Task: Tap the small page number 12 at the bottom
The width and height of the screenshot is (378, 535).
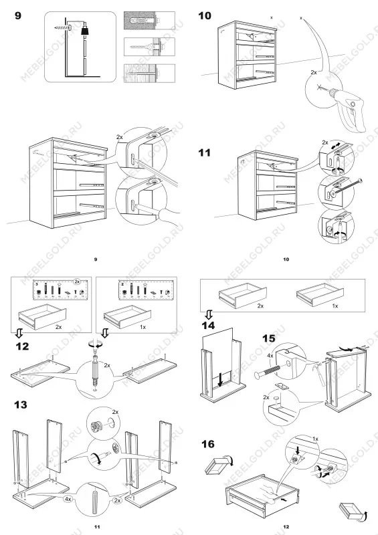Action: [286, 527]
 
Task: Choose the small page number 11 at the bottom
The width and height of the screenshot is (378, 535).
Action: [97, 527]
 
